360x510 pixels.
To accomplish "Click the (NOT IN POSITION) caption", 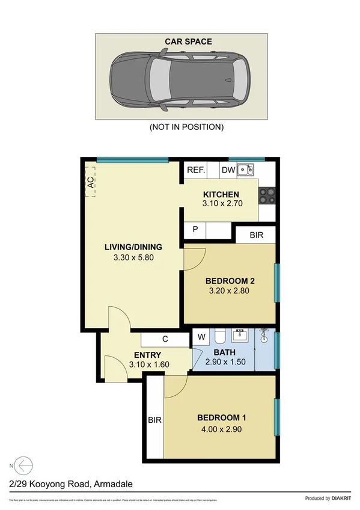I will [x=186, y=127].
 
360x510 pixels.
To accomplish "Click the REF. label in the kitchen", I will [x=196, y=170].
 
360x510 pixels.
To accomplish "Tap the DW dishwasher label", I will [x=228, y=170].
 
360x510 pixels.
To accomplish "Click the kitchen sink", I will [x=245, y=170].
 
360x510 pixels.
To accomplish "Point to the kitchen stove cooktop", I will [x=266, y=195].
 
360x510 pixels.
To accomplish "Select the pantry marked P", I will [x=195, y=230].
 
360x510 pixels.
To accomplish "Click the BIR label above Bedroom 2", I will [x=255, y=235].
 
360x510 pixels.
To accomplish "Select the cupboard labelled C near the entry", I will [x=165, y=340].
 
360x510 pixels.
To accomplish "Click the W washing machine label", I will [x=200, y=337].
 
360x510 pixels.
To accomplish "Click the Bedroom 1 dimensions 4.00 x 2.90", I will [x=222, y=429].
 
